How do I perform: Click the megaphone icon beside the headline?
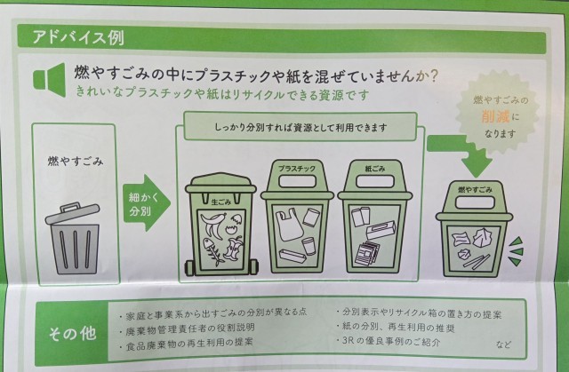50,80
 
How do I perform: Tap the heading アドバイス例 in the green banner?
78,37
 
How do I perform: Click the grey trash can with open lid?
74,238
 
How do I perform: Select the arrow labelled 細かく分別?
146,202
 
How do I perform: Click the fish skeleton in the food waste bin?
212,251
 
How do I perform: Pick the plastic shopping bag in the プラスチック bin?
289,225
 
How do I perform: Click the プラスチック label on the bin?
296,169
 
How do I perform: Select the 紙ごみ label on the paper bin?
374,169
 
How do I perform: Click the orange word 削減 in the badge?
495,116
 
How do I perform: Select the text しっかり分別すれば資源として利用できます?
301,128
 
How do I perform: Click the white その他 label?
72,333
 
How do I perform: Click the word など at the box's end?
503,344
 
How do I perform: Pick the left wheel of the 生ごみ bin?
189,268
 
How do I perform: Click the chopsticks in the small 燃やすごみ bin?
477,262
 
